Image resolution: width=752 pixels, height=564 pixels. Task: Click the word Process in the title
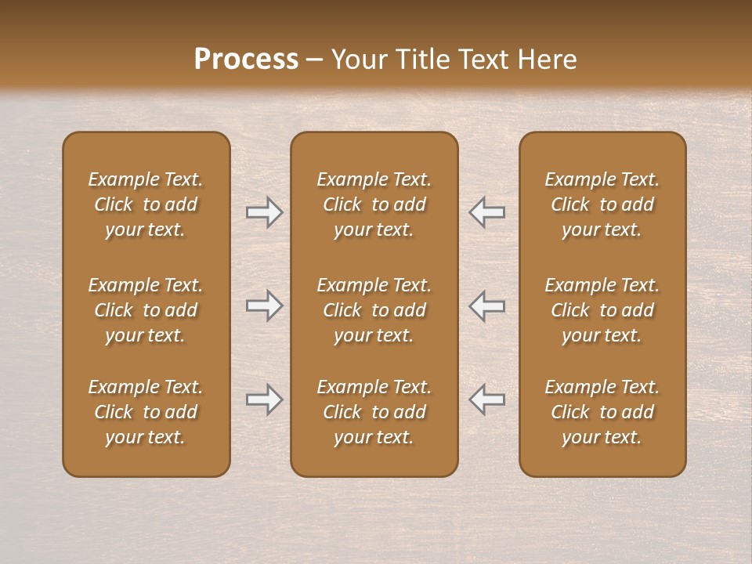pyautogui.click(x=246, y=60)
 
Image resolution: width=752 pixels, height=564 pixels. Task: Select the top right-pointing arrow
pyautogui.click(x=264, y=212)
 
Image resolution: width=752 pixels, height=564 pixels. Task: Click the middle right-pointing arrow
pyautogui.click(x=264, y=305)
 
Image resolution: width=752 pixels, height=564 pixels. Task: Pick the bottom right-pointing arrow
pyautogui.click(x=264, y=399)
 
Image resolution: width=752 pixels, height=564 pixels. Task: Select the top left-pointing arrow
pyautogui.click(x=487, y=212)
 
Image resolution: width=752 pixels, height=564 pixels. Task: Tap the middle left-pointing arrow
pyautogui.click(x=487, y=305)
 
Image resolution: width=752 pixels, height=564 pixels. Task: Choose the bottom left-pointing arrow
pyautogui.click(x=487, y=399)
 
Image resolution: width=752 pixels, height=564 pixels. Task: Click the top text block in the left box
pyautogui.click(x=146, y=204)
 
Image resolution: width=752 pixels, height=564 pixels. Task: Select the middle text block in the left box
pyautogui.click(x=146, y=310)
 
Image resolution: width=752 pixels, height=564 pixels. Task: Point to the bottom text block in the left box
pyautogui.click(x=146, y=412)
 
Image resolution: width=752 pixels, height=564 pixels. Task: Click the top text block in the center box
pyautogui.click(x=374, y=204)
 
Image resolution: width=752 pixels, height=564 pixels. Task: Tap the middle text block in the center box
pyautogui.click(x=374, y=310)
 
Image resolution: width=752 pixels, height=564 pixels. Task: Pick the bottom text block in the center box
pyautogui.click(x=374, y=412)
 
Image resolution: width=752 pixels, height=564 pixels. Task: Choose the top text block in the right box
pyautogui.click(x=602, y=204)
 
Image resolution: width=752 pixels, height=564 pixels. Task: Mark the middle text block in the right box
pyautogui.click(x=602, y=310)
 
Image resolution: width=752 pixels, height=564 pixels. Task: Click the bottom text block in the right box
pyautogui.click(x=602, y=412)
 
